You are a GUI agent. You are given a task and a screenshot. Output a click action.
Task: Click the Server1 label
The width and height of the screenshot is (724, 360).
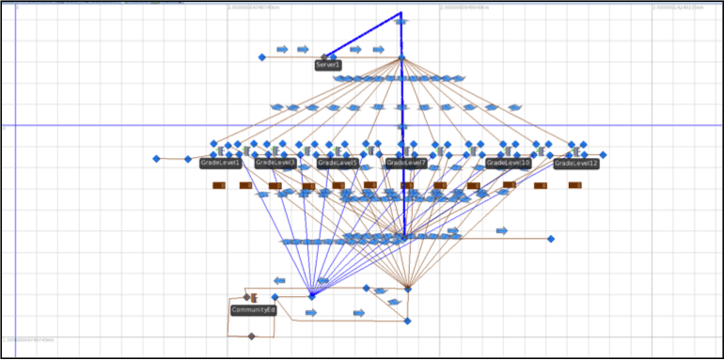328,65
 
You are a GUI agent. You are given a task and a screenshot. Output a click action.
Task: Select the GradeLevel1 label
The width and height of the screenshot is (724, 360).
221,163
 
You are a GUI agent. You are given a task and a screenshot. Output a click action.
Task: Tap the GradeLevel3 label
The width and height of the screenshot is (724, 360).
276,163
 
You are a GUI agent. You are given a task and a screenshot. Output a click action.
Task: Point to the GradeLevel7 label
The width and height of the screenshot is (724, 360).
407,163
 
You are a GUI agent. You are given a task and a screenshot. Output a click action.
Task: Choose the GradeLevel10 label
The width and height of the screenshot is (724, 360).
509,163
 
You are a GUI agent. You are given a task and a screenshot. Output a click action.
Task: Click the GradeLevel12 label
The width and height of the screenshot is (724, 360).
576,164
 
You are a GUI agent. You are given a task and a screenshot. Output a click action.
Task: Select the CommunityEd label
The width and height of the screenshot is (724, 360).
253,309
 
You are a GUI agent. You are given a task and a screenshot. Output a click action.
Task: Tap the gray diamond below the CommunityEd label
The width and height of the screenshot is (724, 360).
251,336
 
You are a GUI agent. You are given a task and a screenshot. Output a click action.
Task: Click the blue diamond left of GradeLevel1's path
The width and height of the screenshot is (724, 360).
157,159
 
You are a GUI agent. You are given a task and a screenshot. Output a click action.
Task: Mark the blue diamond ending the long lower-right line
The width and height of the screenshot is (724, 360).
551,239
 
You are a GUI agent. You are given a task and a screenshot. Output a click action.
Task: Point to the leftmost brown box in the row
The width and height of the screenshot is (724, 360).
219,185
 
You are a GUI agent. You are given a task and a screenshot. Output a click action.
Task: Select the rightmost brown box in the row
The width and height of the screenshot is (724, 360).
574,185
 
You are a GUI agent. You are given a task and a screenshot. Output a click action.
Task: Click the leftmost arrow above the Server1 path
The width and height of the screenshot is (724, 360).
282,49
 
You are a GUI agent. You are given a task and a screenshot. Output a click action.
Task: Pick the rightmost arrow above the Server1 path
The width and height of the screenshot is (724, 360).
378,49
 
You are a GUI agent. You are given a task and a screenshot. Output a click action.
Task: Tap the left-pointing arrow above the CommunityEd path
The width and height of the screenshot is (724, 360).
279,280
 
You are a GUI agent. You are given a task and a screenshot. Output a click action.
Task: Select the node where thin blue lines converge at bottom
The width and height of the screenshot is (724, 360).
312,296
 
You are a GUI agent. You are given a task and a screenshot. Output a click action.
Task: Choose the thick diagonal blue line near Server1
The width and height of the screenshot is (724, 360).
362,38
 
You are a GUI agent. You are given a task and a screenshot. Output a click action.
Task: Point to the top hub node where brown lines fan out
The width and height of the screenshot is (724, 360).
401,57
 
